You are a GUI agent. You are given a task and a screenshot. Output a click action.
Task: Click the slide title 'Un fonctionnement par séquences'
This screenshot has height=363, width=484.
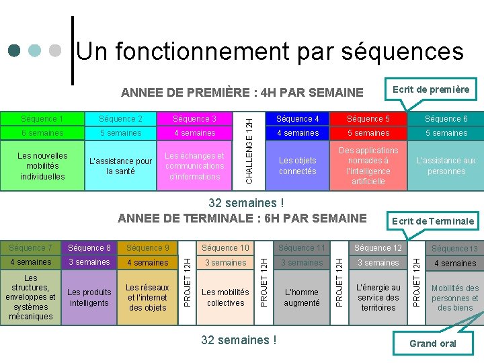click(x=270, y=51)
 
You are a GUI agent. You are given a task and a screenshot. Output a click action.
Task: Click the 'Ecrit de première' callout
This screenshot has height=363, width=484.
click(x=431, y=89)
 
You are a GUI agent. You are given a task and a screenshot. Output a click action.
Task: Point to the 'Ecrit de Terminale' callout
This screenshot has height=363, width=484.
click(x=433, y=220)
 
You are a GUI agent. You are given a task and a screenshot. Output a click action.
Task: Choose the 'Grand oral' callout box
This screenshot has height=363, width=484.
click(x=432, y=344)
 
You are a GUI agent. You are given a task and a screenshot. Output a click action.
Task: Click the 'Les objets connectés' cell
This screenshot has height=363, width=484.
click(x=297, y=166)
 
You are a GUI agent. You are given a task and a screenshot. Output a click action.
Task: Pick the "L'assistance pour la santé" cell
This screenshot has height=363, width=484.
click(x=121, y=166)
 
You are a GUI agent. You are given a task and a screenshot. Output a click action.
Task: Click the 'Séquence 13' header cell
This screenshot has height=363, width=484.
click(x=454, y=249)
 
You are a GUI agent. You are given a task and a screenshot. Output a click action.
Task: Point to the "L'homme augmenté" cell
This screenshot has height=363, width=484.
click(x=302, y=298)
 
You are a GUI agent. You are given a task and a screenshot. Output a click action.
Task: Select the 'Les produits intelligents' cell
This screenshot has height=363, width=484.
click(x=89, y=298)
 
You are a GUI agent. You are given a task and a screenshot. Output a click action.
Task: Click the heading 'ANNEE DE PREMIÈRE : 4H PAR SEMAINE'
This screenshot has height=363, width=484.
click(x=241, y=92)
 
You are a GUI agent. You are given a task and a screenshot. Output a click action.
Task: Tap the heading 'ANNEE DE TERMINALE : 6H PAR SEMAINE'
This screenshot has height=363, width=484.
click(x=242, y=218)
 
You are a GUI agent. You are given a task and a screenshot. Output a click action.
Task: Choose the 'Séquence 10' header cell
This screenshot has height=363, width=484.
click(x=225, y=248)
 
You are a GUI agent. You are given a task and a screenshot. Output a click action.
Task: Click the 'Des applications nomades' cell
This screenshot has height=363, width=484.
click(x=368, y=166)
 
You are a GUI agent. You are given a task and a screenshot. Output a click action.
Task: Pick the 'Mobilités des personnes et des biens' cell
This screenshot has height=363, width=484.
click(x=454, y=298)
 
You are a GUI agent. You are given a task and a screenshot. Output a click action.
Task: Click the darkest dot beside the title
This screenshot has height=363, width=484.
click(x=14, y=51)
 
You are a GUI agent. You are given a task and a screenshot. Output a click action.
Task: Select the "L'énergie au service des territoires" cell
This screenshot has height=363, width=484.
click(x=378, y=298)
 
